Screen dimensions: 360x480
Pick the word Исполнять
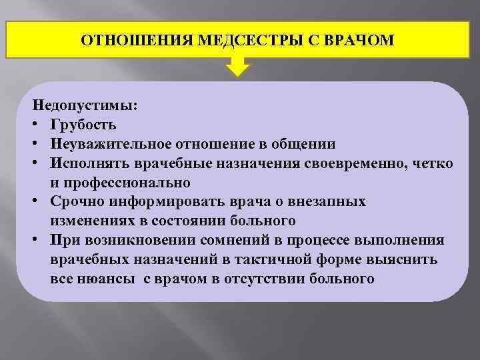(85, 163)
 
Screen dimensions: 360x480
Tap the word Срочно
(75, 201)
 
